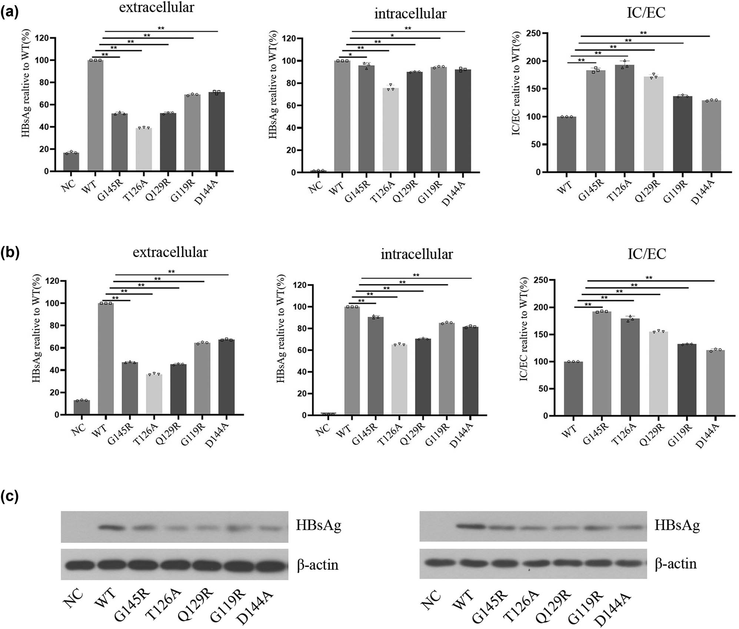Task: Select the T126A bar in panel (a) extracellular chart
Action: point(143,149)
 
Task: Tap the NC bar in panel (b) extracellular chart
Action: point(81,407)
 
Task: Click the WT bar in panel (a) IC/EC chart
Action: point(566,144)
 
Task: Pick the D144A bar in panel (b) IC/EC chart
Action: point(715,382)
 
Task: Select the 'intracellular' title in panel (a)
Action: point(410,14)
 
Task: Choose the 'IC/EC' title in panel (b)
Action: point(646,254)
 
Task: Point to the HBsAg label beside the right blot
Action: point(677,526)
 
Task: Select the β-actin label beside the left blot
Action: point(317,565)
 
